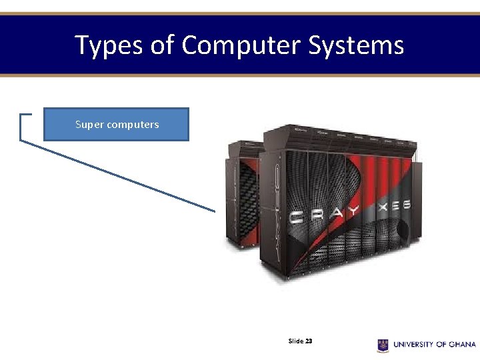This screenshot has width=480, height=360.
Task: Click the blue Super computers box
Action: click(116, 125)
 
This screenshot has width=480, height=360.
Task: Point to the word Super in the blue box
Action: click(88, 125)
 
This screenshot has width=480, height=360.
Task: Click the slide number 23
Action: click(309, 341)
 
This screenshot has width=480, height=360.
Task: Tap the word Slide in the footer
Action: click(295, 341)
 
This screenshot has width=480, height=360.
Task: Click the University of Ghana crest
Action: click(383, 345)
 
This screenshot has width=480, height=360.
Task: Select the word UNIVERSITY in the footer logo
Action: click(413, 345)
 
